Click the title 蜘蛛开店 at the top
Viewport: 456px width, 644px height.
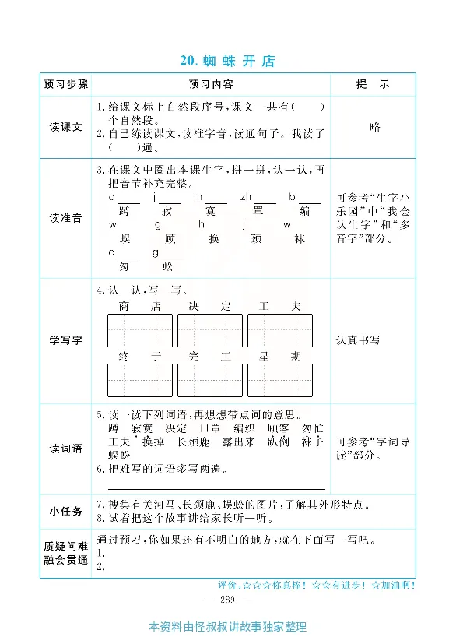(227, 61)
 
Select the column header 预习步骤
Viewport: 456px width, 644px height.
(66, 84)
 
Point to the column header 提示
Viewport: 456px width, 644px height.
(372, 84)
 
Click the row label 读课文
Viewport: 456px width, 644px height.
(66, 127)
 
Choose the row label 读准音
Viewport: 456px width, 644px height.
(66, 218)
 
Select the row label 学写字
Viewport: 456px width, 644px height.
(66, 340)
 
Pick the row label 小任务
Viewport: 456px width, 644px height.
(66, 511)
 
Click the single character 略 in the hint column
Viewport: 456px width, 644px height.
(375, 127)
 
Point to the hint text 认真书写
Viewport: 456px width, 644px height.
(358, 340)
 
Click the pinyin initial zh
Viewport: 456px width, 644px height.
(245, 197)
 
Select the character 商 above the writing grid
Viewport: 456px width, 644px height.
(124, 307)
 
